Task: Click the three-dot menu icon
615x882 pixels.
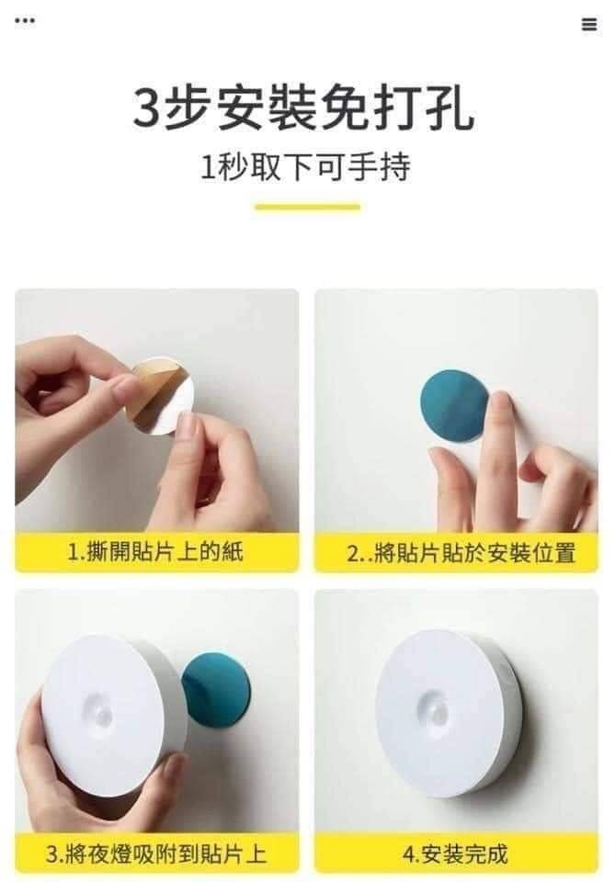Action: click(25, 21)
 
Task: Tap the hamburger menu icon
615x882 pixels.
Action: click(589, 24)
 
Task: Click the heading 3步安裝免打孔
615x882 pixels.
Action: click(304, 109)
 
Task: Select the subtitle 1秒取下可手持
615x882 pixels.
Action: click(305, 167)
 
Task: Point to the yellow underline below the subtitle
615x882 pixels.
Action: click(307, 207)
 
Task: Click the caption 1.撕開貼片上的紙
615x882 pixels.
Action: click(155, 551)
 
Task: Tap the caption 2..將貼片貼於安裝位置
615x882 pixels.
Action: click(461, 553)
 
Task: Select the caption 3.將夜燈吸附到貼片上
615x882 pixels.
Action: click(156, 854)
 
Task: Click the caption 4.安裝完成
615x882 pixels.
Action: click(455, 854)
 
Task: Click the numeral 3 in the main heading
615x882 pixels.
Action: click(147, 109)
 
